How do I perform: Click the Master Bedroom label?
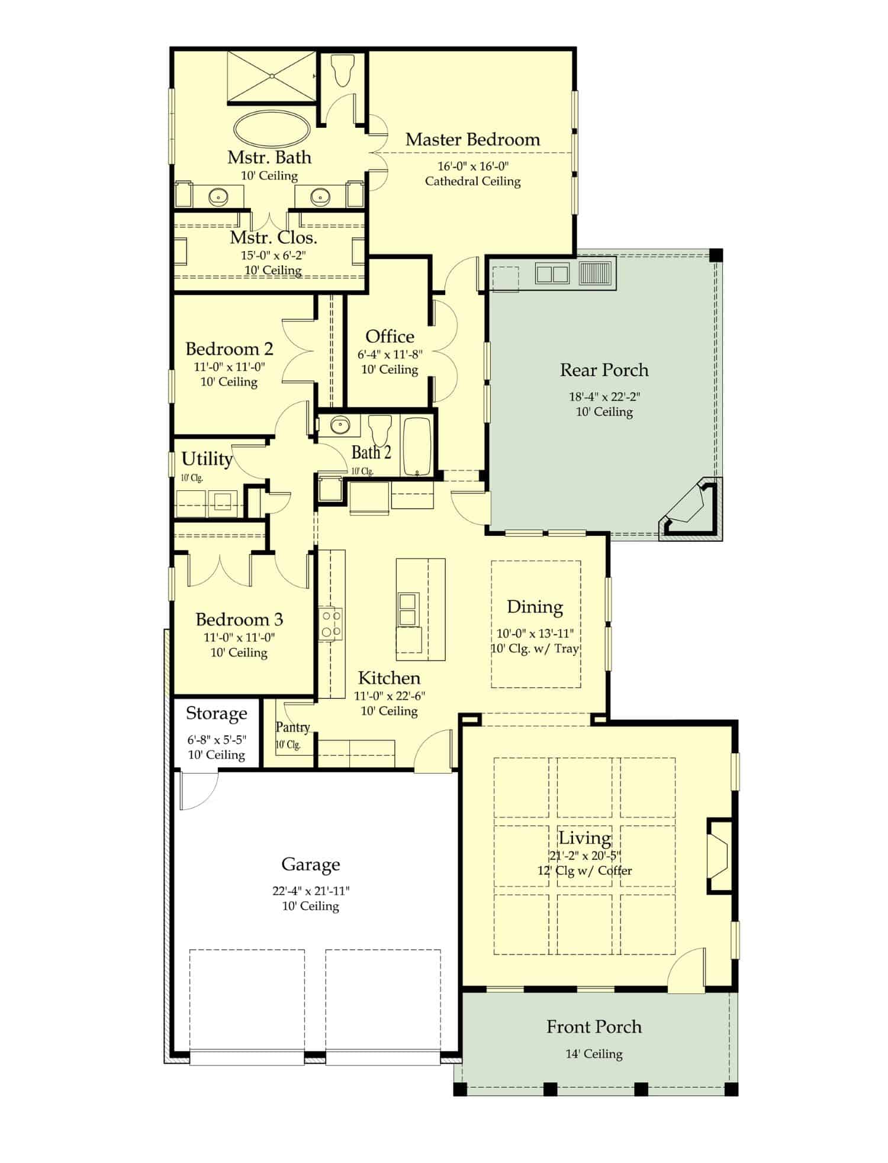472,140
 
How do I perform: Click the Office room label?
390,336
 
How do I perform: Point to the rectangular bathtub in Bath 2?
417,446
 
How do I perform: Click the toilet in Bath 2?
379,429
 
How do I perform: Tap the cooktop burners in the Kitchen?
331,624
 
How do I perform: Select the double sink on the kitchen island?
408,609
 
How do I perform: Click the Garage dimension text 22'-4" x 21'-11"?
311,891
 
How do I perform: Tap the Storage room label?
216,714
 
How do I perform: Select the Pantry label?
292,727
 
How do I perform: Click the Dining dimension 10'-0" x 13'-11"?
535,634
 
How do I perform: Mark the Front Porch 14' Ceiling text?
594,1054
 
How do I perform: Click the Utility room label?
207,459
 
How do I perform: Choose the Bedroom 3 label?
239,619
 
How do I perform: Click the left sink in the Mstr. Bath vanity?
218,196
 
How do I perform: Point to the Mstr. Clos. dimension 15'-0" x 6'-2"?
273,256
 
